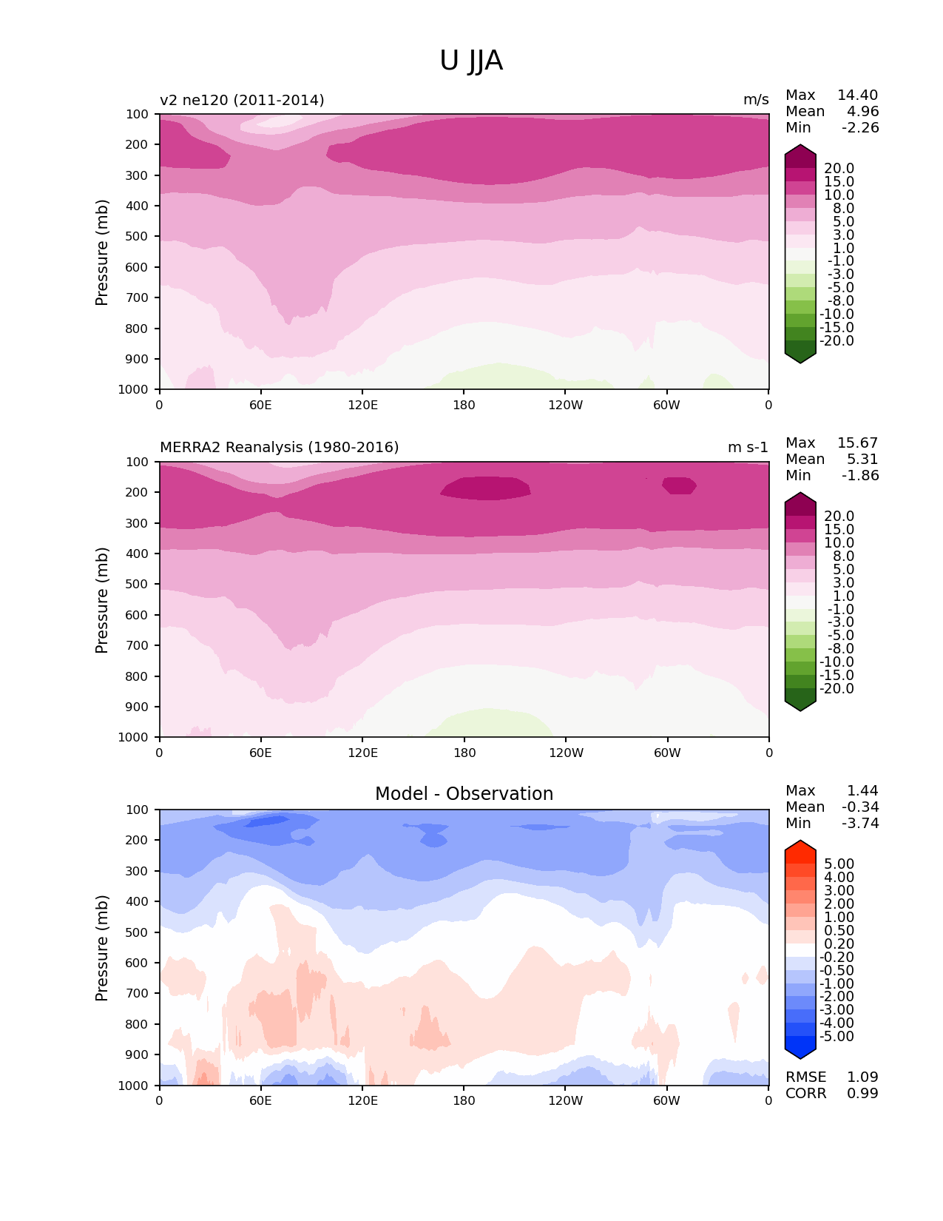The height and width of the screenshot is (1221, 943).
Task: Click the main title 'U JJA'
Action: click(471, 61)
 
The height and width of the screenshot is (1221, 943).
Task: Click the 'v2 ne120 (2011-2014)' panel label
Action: click(242, 100)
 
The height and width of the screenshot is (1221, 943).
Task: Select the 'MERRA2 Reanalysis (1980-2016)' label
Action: click(279, 448)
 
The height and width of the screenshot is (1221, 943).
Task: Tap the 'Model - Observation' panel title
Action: click(464, 794)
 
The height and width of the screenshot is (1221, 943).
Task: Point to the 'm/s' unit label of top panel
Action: click(756, 100)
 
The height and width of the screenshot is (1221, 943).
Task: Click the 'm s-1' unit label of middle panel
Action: click(748, 448)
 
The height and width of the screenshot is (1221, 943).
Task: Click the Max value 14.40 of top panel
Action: click(857, 95)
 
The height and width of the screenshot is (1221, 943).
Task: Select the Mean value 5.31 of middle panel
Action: click(862, 460)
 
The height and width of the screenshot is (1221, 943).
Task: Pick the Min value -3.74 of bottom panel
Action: click(860, 824)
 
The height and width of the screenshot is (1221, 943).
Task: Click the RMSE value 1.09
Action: click(862, 1077)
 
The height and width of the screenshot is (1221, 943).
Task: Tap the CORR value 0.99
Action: click(862, 1094)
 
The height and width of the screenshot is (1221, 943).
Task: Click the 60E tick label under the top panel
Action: click(260, 406)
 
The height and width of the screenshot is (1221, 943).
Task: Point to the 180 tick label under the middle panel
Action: click(464, 753)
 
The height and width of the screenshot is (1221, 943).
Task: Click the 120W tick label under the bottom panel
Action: click(566, 1101)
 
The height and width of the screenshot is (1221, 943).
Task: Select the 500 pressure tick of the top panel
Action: click(138, 237)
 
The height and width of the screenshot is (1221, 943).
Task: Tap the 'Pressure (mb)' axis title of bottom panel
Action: click(102, 948)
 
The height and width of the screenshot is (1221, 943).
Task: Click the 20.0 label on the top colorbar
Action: click(839, 169)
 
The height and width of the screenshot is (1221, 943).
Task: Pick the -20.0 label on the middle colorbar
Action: click(836, 689)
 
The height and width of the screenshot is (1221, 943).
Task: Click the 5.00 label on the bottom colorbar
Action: click(839, 864)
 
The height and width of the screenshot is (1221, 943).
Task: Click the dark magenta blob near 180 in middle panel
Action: click(485, 488)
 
